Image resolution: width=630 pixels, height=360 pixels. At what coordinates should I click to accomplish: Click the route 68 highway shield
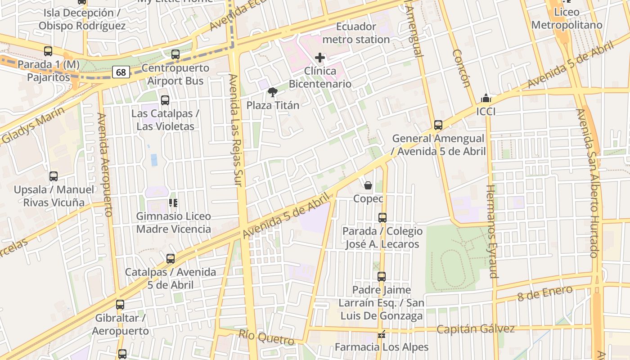click(x=121, y=72)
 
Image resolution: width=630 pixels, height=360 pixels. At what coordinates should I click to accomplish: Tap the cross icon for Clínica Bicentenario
click(x=320, y=58)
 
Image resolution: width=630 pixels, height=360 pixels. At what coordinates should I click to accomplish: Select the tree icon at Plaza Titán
click(x=272, y=92)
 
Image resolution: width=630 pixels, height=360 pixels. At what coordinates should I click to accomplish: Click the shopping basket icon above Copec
click(x=368, y=185)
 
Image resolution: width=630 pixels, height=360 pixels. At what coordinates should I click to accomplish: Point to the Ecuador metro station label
click(x=356, y=33)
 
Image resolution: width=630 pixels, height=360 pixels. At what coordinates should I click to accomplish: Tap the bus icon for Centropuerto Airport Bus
click(x=175, y=54)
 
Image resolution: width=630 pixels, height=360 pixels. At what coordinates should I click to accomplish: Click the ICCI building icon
click(x=486, y=98)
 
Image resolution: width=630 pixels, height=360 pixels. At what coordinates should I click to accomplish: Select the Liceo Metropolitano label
click(x=567, y=18)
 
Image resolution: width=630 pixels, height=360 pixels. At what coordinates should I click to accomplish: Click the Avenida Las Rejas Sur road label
click(x=236, y=130)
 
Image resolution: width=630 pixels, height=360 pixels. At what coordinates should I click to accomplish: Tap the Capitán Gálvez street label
click(x=475, y=329)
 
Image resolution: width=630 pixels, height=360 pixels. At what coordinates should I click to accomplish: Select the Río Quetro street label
click(x=266, y=337)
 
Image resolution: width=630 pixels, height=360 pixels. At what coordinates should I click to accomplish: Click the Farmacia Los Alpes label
click(x=382, y=347)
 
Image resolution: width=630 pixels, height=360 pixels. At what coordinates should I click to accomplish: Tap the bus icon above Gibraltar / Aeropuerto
click(x=120, y=305)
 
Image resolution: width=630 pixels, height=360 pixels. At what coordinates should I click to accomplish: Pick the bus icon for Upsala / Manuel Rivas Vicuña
click(x=54, y=176)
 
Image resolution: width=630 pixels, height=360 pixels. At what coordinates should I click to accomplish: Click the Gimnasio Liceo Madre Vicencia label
click(x=173, y=223)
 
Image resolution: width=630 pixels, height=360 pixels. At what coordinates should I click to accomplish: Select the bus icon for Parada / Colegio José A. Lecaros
click(x=382, y=218)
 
